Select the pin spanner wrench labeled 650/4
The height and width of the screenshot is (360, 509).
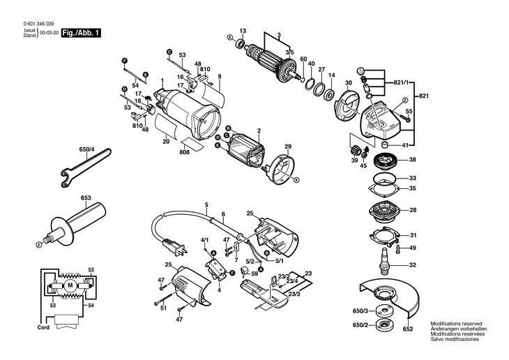(85, 167)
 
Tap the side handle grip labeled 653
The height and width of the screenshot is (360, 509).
(71, 225)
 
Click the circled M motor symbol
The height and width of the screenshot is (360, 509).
(70, 285)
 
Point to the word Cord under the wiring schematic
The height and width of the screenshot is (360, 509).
(43, 327)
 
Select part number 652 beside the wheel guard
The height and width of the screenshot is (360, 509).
(408, 329)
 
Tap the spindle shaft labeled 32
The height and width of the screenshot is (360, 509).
(385, 262)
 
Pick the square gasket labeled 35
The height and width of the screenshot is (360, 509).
(383, 188)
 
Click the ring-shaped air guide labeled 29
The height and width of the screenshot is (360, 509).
(282, 170)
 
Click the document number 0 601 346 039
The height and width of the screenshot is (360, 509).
(38, 24)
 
